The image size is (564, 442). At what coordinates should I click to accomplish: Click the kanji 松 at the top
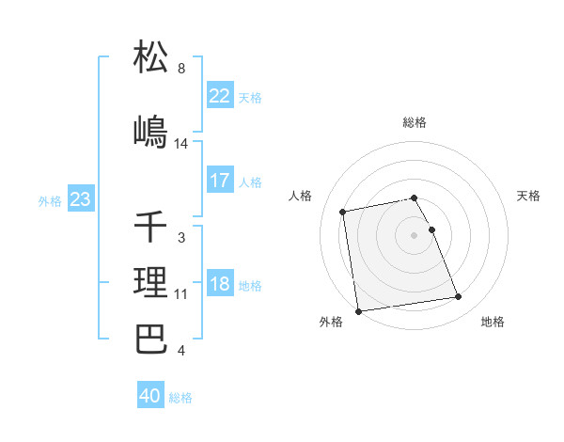tap(151, 57)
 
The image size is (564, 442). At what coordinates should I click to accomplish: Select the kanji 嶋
tap(151, 133)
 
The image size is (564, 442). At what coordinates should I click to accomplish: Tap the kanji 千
tap(151, 227)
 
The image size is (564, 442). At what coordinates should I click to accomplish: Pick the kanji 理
tap(151, 283)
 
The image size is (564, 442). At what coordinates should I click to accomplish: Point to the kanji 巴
tap(151, 339)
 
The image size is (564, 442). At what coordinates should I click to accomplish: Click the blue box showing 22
tap(220, 96)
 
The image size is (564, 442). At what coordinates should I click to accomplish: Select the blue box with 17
tap(220, 181)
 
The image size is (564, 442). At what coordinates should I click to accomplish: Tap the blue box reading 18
tap(220, 285)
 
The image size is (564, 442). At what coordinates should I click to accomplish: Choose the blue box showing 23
tap(80, 199)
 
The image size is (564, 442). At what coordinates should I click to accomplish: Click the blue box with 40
tap(150, 396)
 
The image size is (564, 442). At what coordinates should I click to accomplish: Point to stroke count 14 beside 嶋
tap(181, 144)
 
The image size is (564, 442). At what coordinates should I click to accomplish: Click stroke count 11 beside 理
tap(181, 294)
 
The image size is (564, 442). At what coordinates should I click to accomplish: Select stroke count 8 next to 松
tap(181, 69)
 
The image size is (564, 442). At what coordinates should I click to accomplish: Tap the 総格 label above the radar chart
tap(415, 122)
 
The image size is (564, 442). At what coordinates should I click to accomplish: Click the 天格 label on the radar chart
tap(529, 196)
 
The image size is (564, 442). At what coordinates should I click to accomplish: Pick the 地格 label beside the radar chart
tap(493, 322)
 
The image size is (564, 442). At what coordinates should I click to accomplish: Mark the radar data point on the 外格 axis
tap(357, 311)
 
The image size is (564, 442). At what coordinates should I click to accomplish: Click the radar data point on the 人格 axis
tap(343, 212)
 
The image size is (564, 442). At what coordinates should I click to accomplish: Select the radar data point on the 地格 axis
tap(458, 298)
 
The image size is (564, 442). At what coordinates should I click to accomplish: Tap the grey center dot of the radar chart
tap(415, 234)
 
